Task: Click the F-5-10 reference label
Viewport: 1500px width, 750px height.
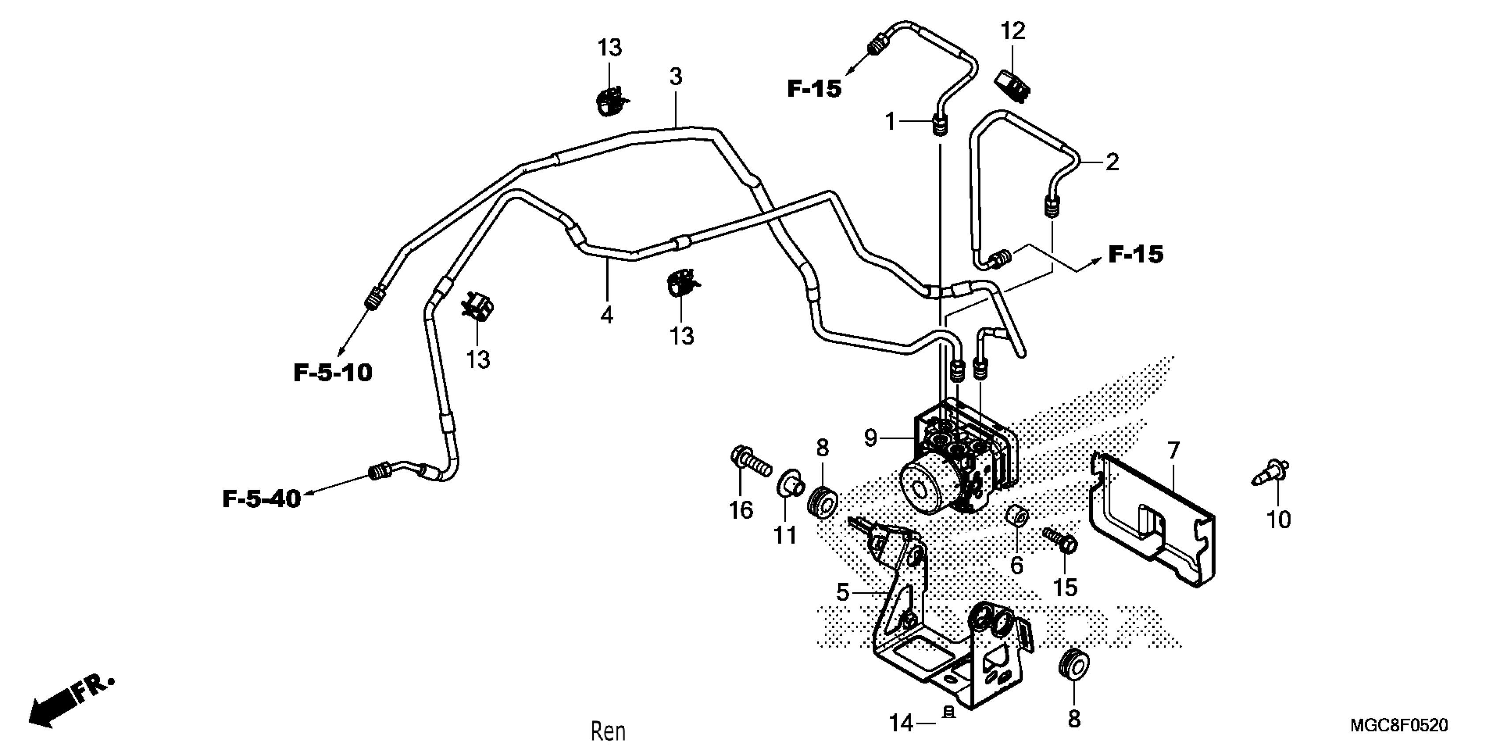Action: [333, 373]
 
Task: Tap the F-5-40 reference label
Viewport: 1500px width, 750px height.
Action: [262, 499]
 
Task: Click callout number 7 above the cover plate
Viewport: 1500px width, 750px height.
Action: [1174, 450]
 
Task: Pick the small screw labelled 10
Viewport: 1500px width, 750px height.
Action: [1271, 472]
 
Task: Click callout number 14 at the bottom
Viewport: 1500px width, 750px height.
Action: [901, 723]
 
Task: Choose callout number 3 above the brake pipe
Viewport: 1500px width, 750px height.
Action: [675, 76]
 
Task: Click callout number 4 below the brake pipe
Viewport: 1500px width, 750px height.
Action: [607, 315]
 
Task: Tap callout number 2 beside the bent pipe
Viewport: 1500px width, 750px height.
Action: [1112, 162]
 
